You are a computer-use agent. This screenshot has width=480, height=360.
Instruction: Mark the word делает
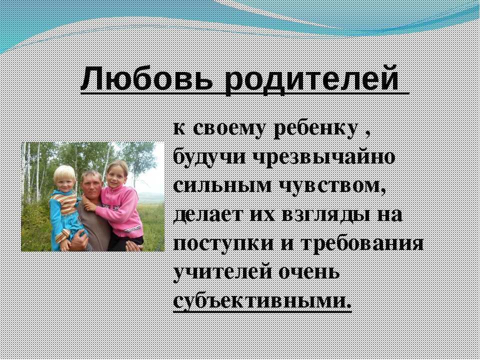(x=207, y=215)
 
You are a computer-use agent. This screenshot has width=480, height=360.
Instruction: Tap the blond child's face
(x=65, y=180)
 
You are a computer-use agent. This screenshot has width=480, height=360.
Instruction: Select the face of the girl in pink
(x=116, y=177)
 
